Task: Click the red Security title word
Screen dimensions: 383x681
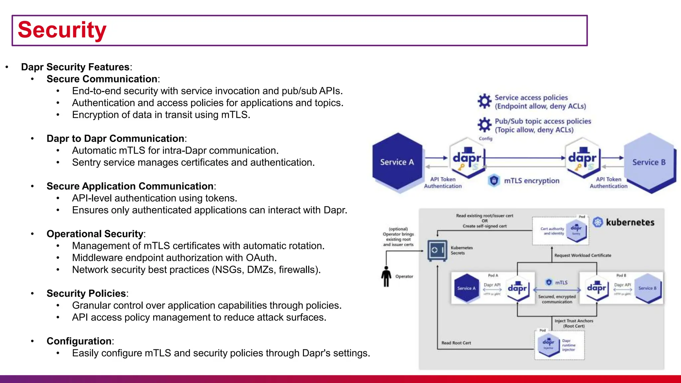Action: click(x=62, y=30)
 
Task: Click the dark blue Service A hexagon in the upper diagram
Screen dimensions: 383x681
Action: click(x=397, y=162)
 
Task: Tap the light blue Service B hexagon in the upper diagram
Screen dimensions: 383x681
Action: click(x=649, y=162)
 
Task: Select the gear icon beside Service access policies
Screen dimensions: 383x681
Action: click(x=484, y=101)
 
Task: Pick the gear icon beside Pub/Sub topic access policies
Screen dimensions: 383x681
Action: click(x=484, y=125)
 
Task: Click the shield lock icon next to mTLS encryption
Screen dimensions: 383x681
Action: click(x=494, y=181)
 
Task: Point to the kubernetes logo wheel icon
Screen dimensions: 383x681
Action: click(x=598, y=222)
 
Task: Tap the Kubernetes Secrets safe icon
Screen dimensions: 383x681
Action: click(x=437, y=250)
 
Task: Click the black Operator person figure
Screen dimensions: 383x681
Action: click(x=386, y=276)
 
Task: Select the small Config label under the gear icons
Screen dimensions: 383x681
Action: click(x=485, y=139)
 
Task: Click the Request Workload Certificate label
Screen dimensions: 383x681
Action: click(x=583, y=255)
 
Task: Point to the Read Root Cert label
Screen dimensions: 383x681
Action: click(x=456, y=343)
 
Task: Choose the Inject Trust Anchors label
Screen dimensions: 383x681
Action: click(x=574, y=323)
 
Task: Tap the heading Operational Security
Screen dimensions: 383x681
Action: click(x=95, y=234)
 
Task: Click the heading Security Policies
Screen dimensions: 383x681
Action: click(x=86, y=293)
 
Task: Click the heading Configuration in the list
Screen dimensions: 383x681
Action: click(x=79, y=341)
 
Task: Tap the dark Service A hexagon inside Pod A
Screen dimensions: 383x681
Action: click(x=466, y=288)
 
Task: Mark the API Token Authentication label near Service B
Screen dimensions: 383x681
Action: click(x=609, y=183)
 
